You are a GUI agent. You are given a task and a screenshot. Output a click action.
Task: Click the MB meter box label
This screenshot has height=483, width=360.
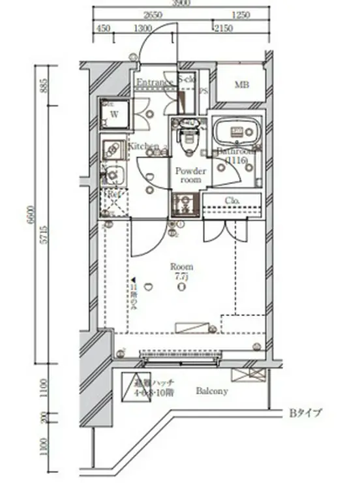pos(241,85)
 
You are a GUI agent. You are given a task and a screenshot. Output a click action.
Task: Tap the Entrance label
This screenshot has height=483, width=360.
pos(154,83)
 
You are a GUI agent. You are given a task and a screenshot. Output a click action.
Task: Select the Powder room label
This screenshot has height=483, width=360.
pos(190,175)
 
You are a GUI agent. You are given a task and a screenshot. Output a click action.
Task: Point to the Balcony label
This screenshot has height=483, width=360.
pos(212,392)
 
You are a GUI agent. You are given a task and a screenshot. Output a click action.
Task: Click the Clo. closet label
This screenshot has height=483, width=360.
pos(233,200)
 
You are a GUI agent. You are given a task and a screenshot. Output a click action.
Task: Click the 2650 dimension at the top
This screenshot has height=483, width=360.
pos(153,14)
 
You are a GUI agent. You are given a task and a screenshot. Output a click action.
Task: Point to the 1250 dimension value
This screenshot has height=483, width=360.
pos(241,14)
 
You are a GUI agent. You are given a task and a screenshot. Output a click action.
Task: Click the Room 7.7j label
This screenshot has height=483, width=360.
pos(181,272)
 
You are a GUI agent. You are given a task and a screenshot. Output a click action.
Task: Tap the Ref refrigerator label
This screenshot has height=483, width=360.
pos(113,195)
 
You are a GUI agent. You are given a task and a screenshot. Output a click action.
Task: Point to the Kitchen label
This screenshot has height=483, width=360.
pos(143,146)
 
